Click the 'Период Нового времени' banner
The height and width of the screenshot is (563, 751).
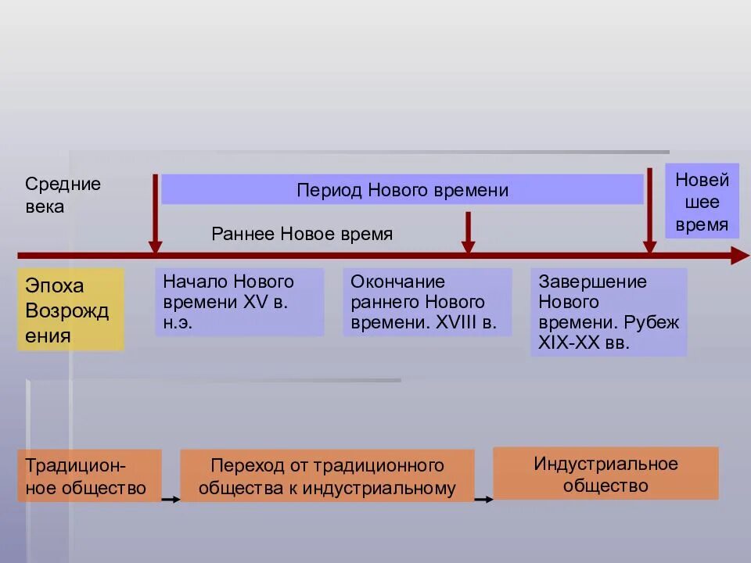402,190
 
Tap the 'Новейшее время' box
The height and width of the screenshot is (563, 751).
702,203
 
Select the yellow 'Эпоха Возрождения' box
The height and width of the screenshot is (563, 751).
70,310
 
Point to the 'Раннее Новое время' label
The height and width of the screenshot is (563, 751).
302,235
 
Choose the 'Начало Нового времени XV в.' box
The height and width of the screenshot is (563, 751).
239,302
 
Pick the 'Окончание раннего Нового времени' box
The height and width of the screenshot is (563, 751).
427,302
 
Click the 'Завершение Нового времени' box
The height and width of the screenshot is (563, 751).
609,312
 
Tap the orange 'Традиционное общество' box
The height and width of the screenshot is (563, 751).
89,475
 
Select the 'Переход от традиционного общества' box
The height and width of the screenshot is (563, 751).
327,475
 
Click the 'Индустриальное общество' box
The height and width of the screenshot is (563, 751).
605,473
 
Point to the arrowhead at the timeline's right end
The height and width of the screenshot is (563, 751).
739,255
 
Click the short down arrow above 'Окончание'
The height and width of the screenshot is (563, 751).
468,233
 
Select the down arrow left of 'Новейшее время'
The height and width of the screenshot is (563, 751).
649,210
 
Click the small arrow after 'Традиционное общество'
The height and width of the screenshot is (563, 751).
171,498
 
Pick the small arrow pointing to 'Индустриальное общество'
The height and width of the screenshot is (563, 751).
484,498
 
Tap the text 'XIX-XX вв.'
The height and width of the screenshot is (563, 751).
583,342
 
